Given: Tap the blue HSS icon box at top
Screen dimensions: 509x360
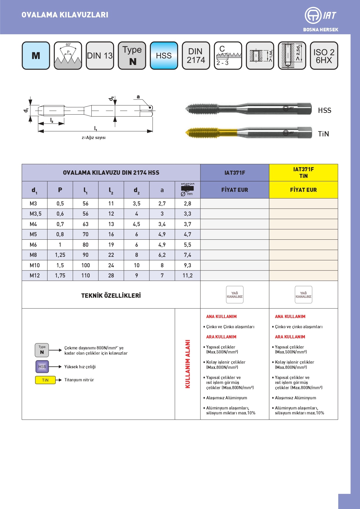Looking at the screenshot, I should pyautogui.click(x=164, y=55).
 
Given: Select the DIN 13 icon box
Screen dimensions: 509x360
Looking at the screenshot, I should pyautogui.click(x=100, y=55).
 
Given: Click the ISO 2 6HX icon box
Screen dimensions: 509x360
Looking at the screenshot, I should pyautogui.click(x=324, y=55).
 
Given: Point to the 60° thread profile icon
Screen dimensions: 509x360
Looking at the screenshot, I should pyautogui.click(x=68, y=55).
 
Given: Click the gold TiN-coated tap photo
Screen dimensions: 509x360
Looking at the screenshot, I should pyautogui.click(x=248, y=133).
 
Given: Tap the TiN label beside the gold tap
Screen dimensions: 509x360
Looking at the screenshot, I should pyautogui.click(x=323, y=134).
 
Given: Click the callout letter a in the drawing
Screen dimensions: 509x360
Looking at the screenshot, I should pyautogui.click(x=138, y=97).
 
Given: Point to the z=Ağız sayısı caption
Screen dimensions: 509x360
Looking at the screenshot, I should pyautogui.click(x=94, y=138).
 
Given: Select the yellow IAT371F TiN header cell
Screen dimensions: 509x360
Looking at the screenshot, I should pyautogui.click(x=303, y=173).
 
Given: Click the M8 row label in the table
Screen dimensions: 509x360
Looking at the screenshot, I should pyautogui.click(x=33, y=255).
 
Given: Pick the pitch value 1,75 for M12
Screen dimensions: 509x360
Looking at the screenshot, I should pyautogui.click(x=60, y=275).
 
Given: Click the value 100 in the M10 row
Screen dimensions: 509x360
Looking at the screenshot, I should pyautogui.click(x=86, y=265).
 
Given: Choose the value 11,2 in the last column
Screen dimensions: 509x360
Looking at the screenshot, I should pyautogui.click(x=187, y=275).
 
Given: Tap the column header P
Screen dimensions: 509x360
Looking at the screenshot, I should pyautogui.click(x=60, y=190).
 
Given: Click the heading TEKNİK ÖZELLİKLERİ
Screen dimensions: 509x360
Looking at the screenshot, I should pyautogui.click(x=111, y=295).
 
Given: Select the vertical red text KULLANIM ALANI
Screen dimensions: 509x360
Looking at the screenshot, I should pyautogui.click(x=188, y=364).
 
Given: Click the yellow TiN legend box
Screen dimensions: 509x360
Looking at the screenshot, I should pyautogui.click(x=45, y=380).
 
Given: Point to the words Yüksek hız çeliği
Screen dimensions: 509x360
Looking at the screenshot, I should pyautogui.click(x=80, y=367).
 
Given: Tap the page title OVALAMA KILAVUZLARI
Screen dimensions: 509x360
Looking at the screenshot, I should pyautogui.click(x=65, y=15).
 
